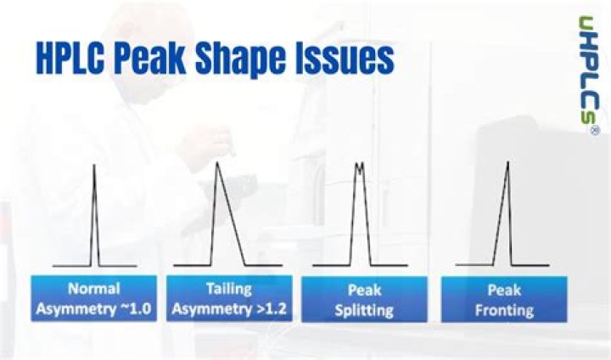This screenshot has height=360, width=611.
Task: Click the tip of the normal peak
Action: (94, 166)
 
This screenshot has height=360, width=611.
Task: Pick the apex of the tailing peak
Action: (218, 163)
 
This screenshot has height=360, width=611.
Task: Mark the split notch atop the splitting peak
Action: (360, 168)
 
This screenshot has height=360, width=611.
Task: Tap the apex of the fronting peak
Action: (507, 163)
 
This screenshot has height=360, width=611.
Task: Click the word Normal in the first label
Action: (93, 289)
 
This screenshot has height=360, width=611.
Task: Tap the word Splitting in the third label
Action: (363, 309)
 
